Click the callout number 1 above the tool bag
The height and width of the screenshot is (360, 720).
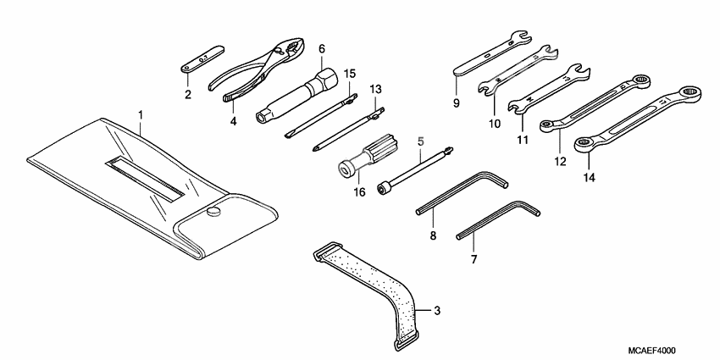click(x=141, y=114)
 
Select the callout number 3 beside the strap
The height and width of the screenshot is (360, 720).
click(x=436, y=311)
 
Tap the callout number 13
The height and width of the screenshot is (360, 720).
click(x=375, y=89)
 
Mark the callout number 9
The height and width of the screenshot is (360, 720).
click(x=456, y=104)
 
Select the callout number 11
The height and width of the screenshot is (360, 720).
click(x=523, y=139)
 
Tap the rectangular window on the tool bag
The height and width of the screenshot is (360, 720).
click(x=144, y=176)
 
